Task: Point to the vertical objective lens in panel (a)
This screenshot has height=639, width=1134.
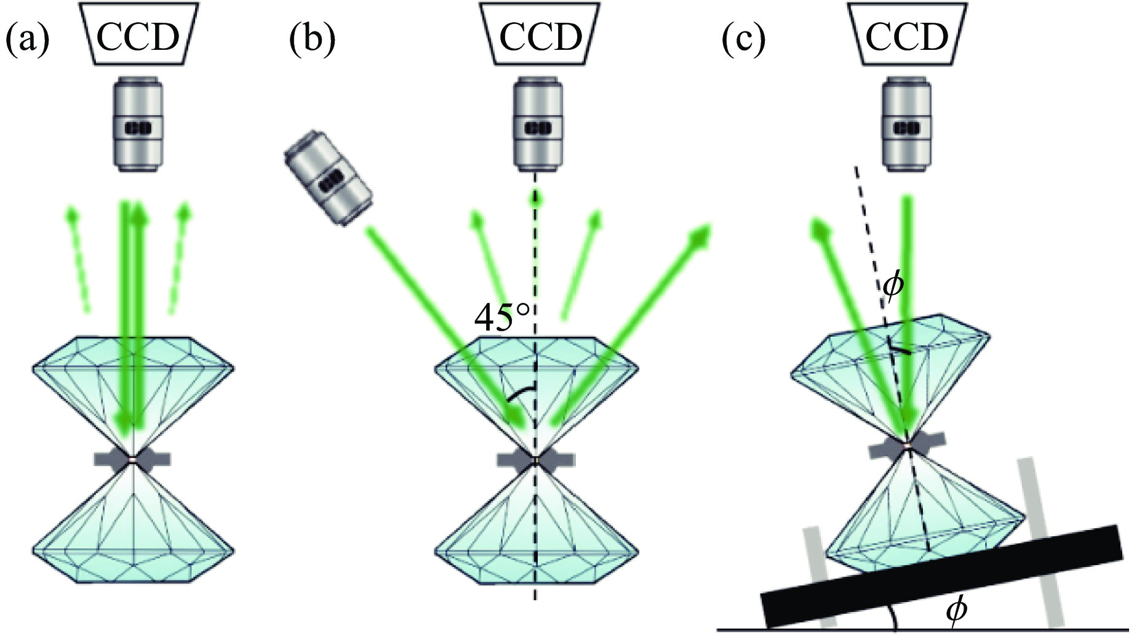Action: pyautogui.click(x=138, y=123)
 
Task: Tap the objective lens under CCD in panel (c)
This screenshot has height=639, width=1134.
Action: pyautogui.click(x=906, y=123)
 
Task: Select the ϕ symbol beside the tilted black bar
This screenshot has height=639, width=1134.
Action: pyautogui.click(x=956, y=611)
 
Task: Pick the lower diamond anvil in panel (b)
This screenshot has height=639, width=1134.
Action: pyautogui.click(x=536, y=536)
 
